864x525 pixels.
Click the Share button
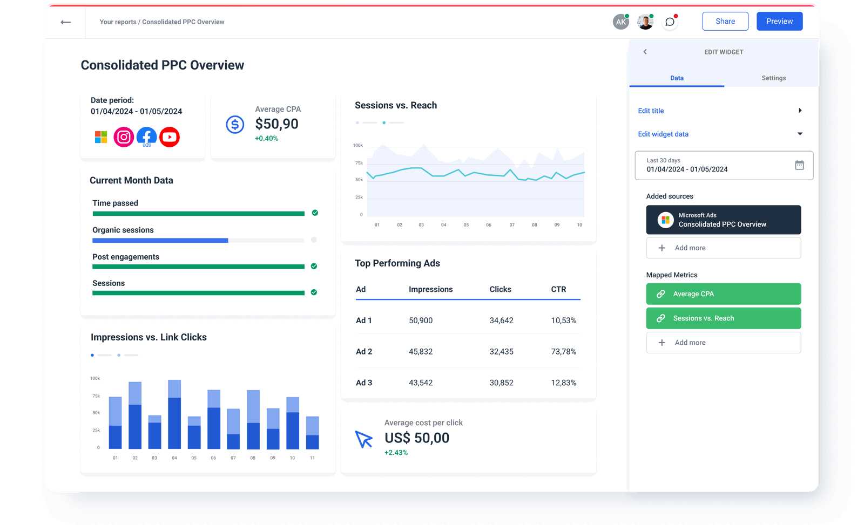pyautogui.click(x=725, y=21)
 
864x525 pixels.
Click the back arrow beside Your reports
pyautogui.click(x=66, y=22)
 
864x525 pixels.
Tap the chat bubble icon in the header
pyautogui.click(x=670, y=22)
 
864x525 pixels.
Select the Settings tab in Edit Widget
pyautogui.click(x=773, y=78)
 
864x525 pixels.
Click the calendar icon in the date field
pyautogui.click(x=799, y=165)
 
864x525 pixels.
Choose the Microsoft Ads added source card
pyautogui.click(x=723, y=220)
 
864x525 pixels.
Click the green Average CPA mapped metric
pyautogui.click(x=723, y=294)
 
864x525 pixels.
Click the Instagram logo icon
pyautogui.click(x=124, y=137)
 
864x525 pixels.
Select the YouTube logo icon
pyautogui.click(x=170, y=137)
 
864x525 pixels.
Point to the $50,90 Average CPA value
pyautogui.click(x=276, y=124)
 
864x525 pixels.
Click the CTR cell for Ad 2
pyautogui.click(x=563, y=352)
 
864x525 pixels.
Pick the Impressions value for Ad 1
pyautogui.click(x=421, y=321)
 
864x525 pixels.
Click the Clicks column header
pyautogui.click(x=500, y=289)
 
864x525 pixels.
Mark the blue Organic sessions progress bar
pyautogui.click(x=160, y=241)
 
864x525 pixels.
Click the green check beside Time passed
pyautogui.click(x=315, y=213)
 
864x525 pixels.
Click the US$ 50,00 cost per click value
pyautogui.click(x=417, y=438)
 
